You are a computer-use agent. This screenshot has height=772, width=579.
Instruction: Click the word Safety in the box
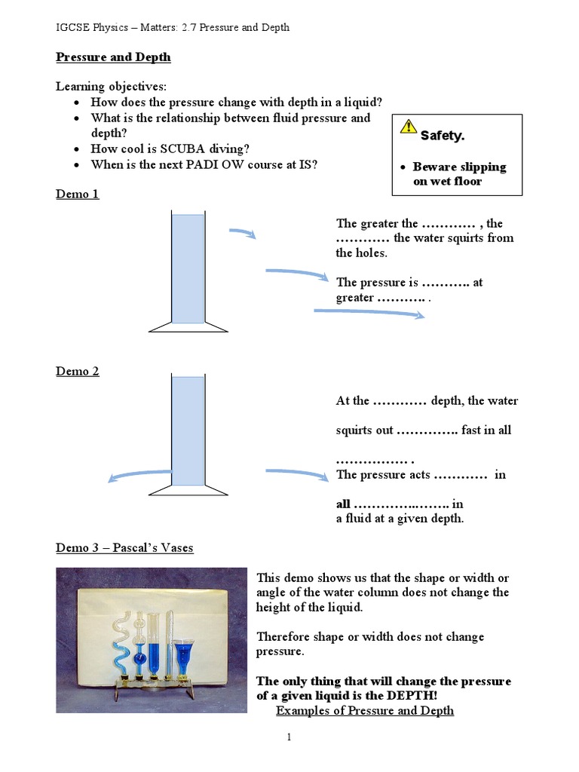(442, 136)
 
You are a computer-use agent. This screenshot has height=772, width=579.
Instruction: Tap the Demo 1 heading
(78, 194)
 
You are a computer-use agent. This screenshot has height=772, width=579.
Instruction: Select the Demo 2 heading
(78, 371)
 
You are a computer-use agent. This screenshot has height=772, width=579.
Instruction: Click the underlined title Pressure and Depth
(113, 57)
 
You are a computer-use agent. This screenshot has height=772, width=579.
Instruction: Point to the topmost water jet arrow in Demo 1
(243, 233)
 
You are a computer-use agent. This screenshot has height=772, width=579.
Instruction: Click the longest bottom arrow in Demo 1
(369, 313)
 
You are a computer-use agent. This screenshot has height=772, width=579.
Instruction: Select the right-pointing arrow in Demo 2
(297, 473)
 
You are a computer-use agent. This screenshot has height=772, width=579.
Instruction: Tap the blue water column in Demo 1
(188, 268)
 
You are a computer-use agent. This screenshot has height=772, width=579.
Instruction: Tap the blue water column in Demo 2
(188, 430)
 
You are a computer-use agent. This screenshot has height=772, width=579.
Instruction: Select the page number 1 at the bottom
(289, 737)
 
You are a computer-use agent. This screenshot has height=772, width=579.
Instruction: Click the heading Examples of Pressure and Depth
(365, 710)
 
